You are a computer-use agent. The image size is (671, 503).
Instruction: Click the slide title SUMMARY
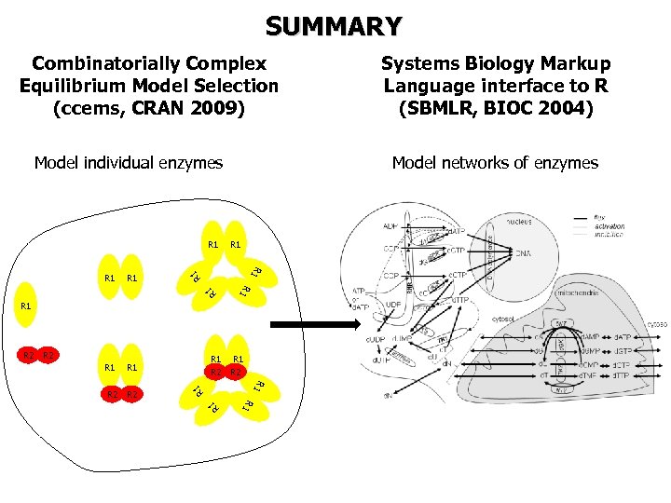coord(334,25)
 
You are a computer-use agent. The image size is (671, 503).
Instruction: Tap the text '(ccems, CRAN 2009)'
coord(149,108)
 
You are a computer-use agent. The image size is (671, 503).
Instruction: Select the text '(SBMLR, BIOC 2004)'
coord(496,108)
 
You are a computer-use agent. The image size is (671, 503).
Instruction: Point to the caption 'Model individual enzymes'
coord(129,163)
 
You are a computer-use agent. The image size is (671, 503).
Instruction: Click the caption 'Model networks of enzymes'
coord(495,163)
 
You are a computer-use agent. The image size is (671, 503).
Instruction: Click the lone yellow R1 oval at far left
coord(26,305)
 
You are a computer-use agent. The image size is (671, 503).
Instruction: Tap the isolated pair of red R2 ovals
coord(38,355)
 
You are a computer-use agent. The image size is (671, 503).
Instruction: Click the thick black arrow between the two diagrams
coord(314,325)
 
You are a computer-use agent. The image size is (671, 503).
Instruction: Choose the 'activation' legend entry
coord(608,225)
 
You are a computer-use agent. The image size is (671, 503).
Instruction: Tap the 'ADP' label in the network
coord(390,225)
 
